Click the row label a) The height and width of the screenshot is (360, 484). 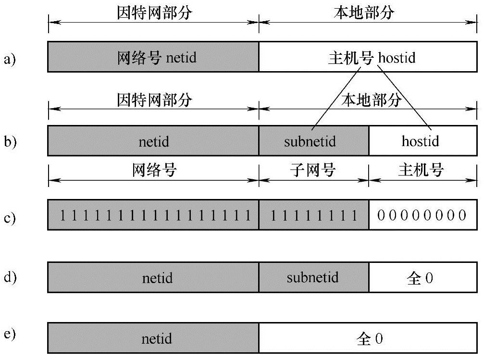click(x=10, y=59)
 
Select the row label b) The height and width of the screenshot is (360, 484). click(x=10, y=142)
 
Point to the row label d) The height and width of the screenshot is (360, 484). click(x=10, y=277)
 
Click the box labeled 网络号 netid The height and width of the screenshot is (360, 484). click(x=153, y=57)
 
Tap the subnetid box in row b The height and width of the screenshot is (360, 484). click(x=313, y=141)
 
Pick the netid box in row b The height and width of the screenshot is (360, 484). click(x=153, y=141)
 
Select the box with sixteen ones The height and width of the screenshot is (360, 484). click(x=153, y=215)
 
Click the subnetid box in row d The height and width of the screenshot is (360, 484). click(x=313, y=278)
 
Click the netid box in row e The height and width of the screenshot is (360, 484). click(x=153, y=339)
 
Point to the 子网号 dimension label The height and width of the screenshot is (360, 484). click(x=314, y=170)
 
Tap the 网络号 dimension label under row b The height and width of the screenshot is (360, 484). click(x=154, y=170)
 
